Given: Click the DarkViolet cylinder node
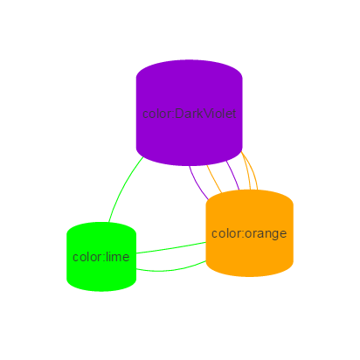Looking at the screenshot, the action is click(x=189, y=113).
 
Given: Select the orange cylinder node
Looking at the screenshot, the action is click(x=249, y=233).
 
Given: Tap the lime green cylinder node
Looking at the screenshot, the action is click(x=101, y=257).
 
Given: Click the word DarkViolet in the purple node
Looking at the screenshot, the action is click(x=205, y=114).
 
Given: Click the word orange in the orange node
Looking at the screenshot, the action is click(x=266, y=233).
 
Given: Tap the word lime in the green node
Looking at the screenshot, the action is click(x=117, y=257).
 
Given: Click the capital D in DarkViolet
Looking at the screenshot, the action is click(x=179, y=114).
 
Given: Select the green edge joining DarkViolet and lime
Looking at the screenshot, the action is click(x=123, y=188).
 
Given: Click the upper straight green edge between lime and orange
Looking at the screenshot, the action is click(x=171, y=248).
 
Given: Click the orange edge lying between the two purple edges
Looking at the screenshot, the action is click(x=214, y=178).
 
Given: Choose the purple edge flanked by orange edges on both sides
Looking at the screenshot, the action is click(x=233, y=175).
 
